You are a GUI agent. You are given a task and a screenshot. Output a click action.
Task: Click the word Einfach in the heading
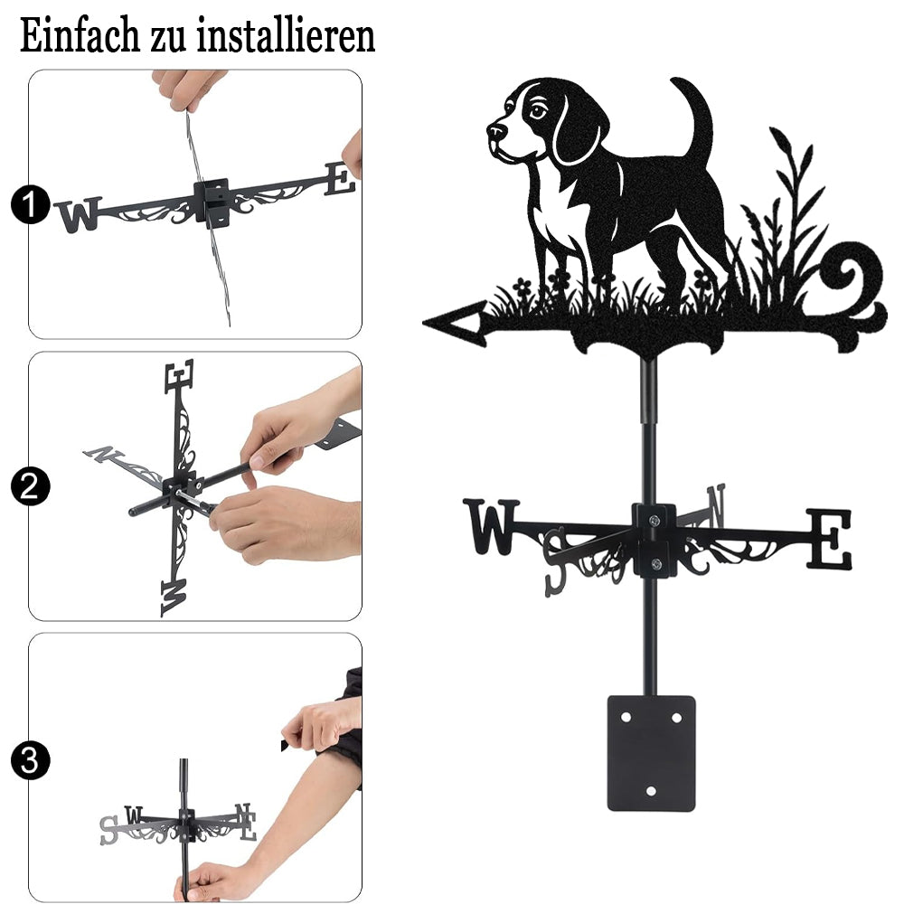pyautogui.click(x=80, y=36)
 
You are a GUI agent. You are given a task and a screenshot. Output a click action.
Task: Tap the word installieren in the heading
pyautogui.click(x=286, y=36)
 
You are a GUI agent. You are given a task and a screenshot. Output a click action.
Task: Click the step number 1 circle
pyautogui.click(x=30, y=204)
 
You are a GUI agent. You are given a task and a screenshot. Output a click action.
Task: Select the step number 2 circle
pyautogui.click(x=30, y=486)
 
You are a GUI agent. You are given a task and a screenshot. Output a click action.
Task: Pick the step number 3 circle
pyautogui.click(x=30, y=760)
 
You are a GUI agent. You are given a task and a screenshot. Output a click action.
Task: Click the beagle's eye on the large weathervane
pyautogui.click(x=537, y=110)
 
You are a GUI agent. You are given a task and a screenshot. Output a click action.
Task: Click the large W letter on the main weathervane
pyautogui.click(x=491, y=526)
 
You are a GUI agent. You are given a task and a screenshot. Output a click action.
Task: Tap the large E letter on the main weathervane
pyautogui.click(x=828, y=539)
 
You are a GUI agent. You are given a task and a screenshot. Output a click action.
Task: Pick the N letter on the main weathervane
pyautogui.click(x=715, y=505)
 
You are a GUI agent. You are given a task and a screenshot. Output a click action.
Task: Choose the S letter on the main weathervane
pyautogui.click(x=556, y=561)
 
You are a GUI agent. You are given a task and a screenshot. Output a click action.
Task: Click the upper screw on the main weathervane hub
pyautogui.click(x=654, y=522)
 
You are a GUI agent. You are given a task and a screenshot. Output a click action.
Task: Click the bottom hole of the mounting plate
pyautogui.click(x=651, y=791)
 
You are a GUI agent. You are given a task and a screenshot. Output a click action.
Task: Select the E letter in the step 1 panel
pyautogui.click(x=340, y=179)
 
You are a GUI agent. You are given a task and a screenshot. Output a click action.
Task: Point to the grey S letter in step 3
pyautogui.click(x=108, y=830)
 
